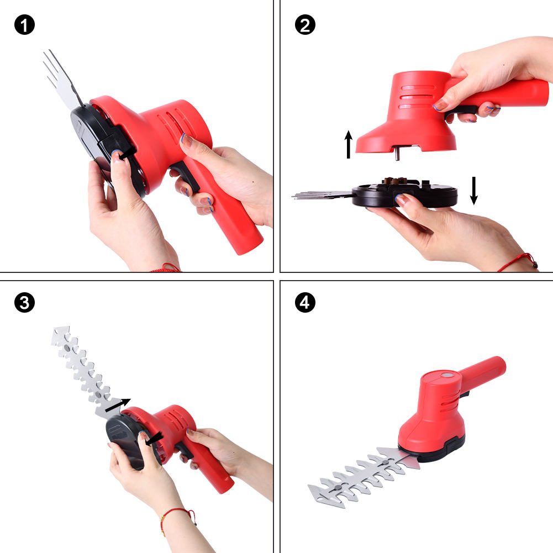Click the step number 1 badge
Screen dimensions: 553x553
coord(24,25)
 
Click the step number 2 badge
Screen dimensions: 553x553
coord(305,25)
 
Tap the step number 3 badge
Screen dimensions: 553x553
coord(24,302)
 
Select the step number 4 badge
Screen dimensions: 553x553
coord(305,302)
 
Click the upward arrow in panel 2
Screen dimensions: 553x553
coord(349,144)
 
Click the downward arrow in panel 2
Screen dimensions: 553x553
coord(474,191)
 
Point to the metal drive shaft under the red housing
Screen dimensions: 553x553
coord(397,154)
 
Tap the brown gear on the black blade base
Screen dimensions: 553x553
coord(395,181)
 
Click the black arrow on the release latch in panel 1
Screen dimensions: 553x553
coord(127,154)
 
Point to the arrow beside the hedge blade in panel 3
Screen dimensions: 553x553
coord(118,405)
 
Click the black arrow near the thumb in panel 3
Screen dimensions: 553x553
coord(155,439)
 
